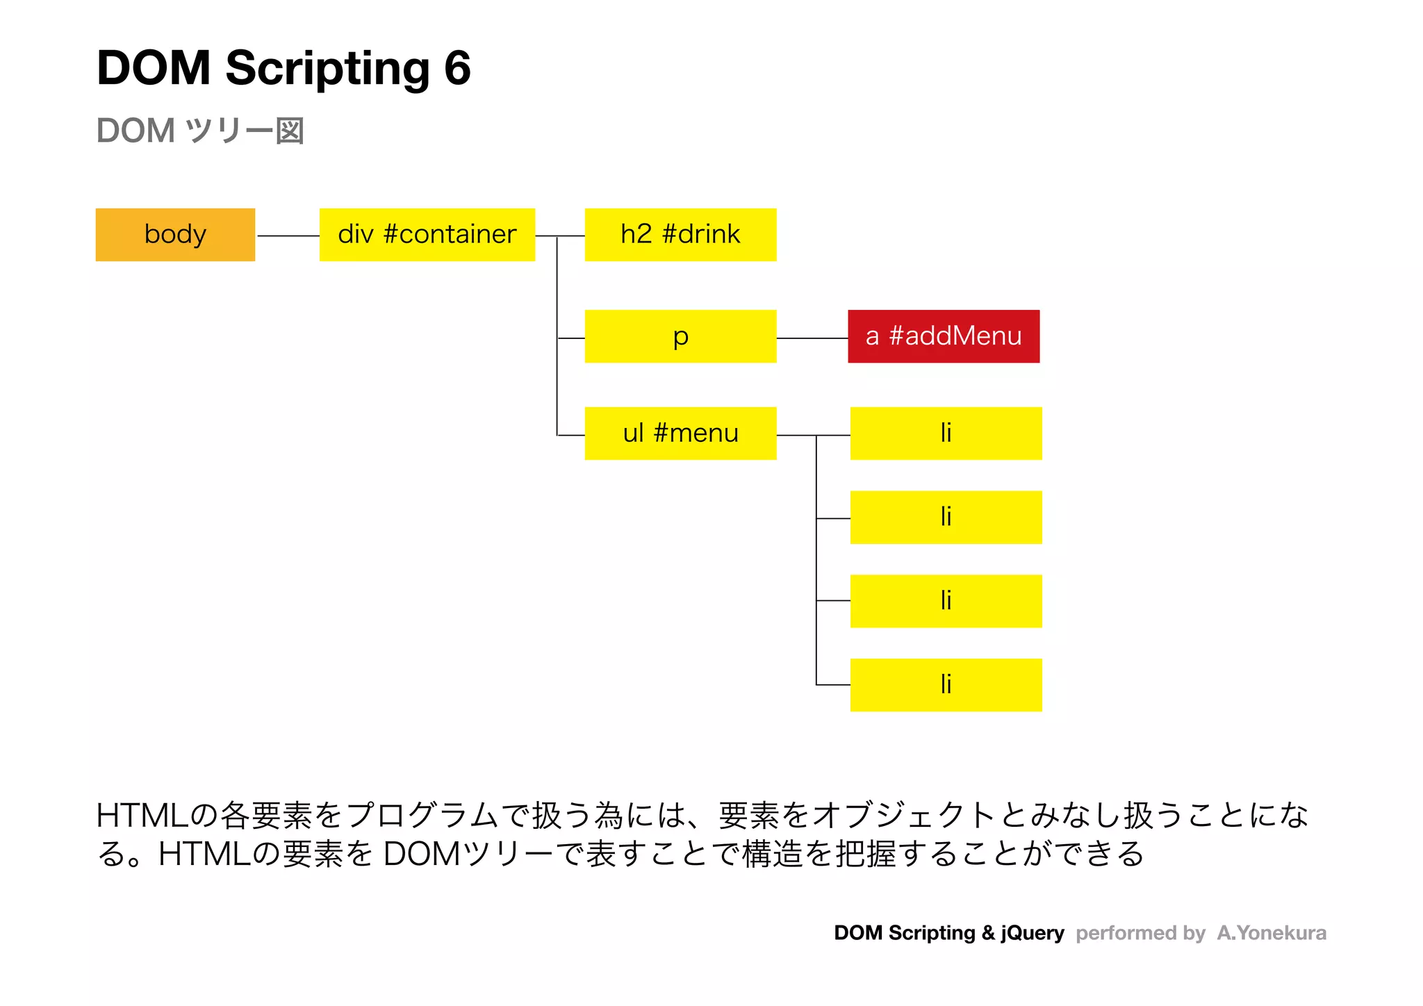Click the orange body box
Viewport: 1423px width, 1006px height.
[x=175, y=235]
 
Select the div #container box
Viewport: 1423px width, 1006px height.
[x=427, y=235]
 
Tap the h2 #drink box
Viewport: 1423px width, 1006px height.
[x=680, y=235]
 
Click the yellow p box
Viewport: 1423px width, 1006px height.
[x=680, y=336]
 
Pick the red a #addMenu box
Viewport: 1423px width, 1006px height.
[x=944, y=336]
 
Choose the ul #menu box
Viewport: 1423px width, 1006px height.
[x=680, y=434]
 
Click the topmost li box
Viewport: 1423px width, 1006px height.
[x=946, y=434]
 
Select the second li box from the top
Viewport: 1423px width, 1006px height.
[x=946, y=518]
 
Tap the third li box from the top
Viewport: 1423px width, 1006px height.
[x=946, y=601]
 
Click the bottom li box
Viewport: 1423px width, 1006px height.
[x=946, y=685]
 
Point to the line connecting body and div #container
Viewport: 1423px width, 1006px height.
[x=288, y=236]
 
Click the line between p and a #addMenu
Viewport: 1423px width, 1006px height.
[x=812, y=338]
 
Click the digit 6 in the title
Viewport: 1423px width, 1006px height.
[x=457, y=68]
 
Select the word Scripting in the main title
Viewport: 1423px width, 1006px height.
[x=327, y=69]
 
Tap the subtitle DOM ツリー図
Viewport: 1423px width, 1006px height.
[x=200, y=131]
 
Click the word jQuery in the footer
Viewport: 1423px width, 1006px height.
[x=1032, y=933]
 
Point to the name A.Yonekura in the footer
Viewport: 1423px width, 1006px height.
[x=1271, y=933]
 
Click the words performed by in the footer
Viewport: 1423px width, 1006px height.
[x=1140, y=933]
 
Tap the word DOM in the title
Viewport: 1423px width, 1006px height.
[x=154, y=68]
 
